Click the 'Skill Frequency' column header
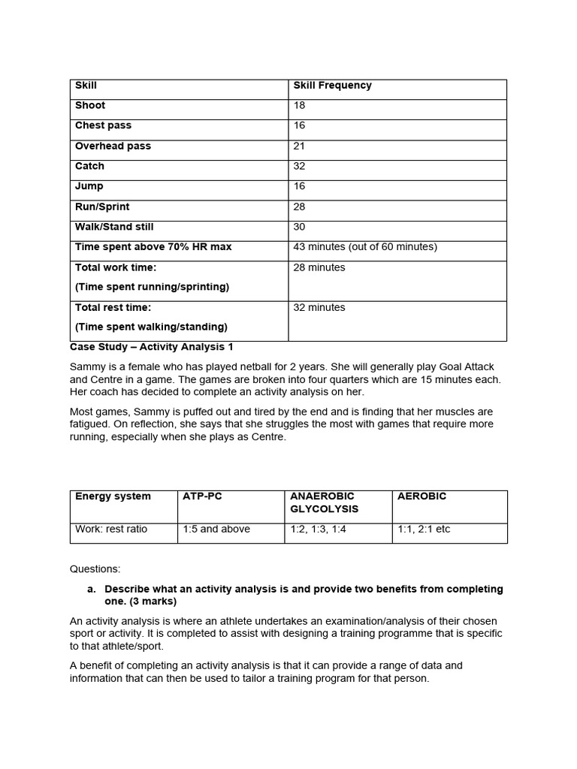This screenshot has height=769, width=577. click(332, 86)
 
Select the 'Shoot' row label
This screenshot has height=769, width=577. click(90, 106)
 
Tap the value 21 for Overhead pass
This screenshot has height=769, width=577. click(300, 146)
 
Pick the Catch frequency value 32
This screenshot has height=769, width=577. click(300, 167)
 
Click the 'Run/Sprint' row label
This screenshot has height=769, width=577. click(102, 207)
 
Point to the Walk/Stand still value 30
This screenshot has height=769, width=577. click(300, 228)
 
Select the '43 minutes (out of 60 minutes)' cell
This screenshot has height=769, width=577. click(365, 247)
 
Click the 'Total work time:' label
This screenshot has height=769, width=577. click(116, 267)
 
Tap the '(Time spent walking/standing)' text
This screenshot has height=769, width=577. click(151, 327)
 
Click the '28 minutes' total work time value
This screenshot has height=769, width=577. click(319, 268)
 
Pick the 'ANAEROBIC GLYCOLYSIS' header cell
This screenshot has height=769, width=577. click(324, 502)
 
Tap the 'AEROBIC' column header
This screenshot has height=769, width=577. click(421, 496)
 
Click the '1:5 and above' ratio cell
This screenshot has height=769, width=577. click(216, 529)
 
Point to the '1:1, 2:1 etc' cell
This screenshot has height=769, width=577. click(424, 529)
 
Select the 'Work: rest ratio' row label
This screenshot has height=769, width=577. click(111, 529)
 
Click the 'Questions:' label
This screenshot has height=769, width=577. click(95, 569)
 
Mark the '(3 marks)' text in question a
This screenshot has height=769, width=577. click(150, 602)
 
